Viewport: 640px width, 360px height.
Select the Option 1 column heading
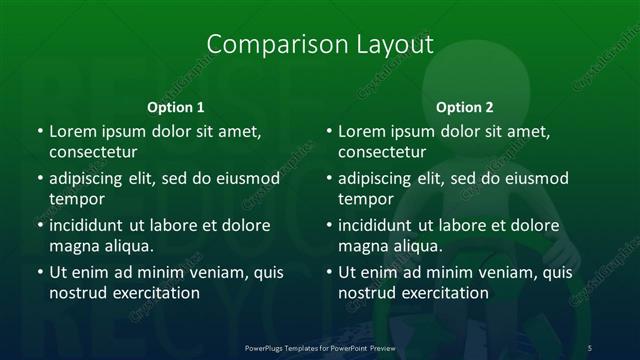click(x=176, y=106)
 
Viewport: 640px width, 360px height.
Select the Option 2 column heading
click(x=465, y=106)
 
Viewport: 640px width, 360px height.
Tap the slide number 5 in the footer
click(x=590, y=345)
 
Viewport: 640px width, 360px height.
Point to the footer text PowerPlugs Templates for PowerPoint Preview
click(x=320, y=345)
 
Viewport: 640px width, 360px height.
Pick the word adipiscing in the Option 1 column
click(x=93, y=178)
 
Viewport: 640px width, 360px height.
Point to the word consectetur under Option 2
click(x=388, y=152)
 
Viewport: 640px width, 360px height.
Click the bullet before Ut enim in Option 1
click(x=39, y=272)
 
